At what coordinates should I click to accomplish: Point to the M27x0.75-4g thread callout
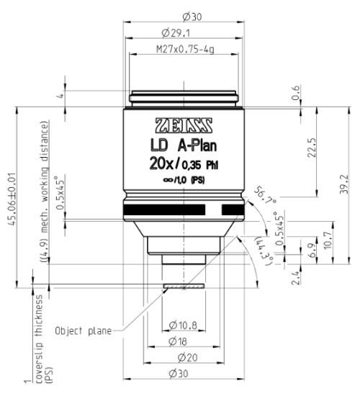[x=184, y=50]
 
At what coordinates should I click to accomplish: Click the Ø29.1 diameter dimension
[x=184, y=32]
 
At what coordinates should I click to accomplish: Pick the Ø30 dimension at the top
[x=184, y=14]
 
